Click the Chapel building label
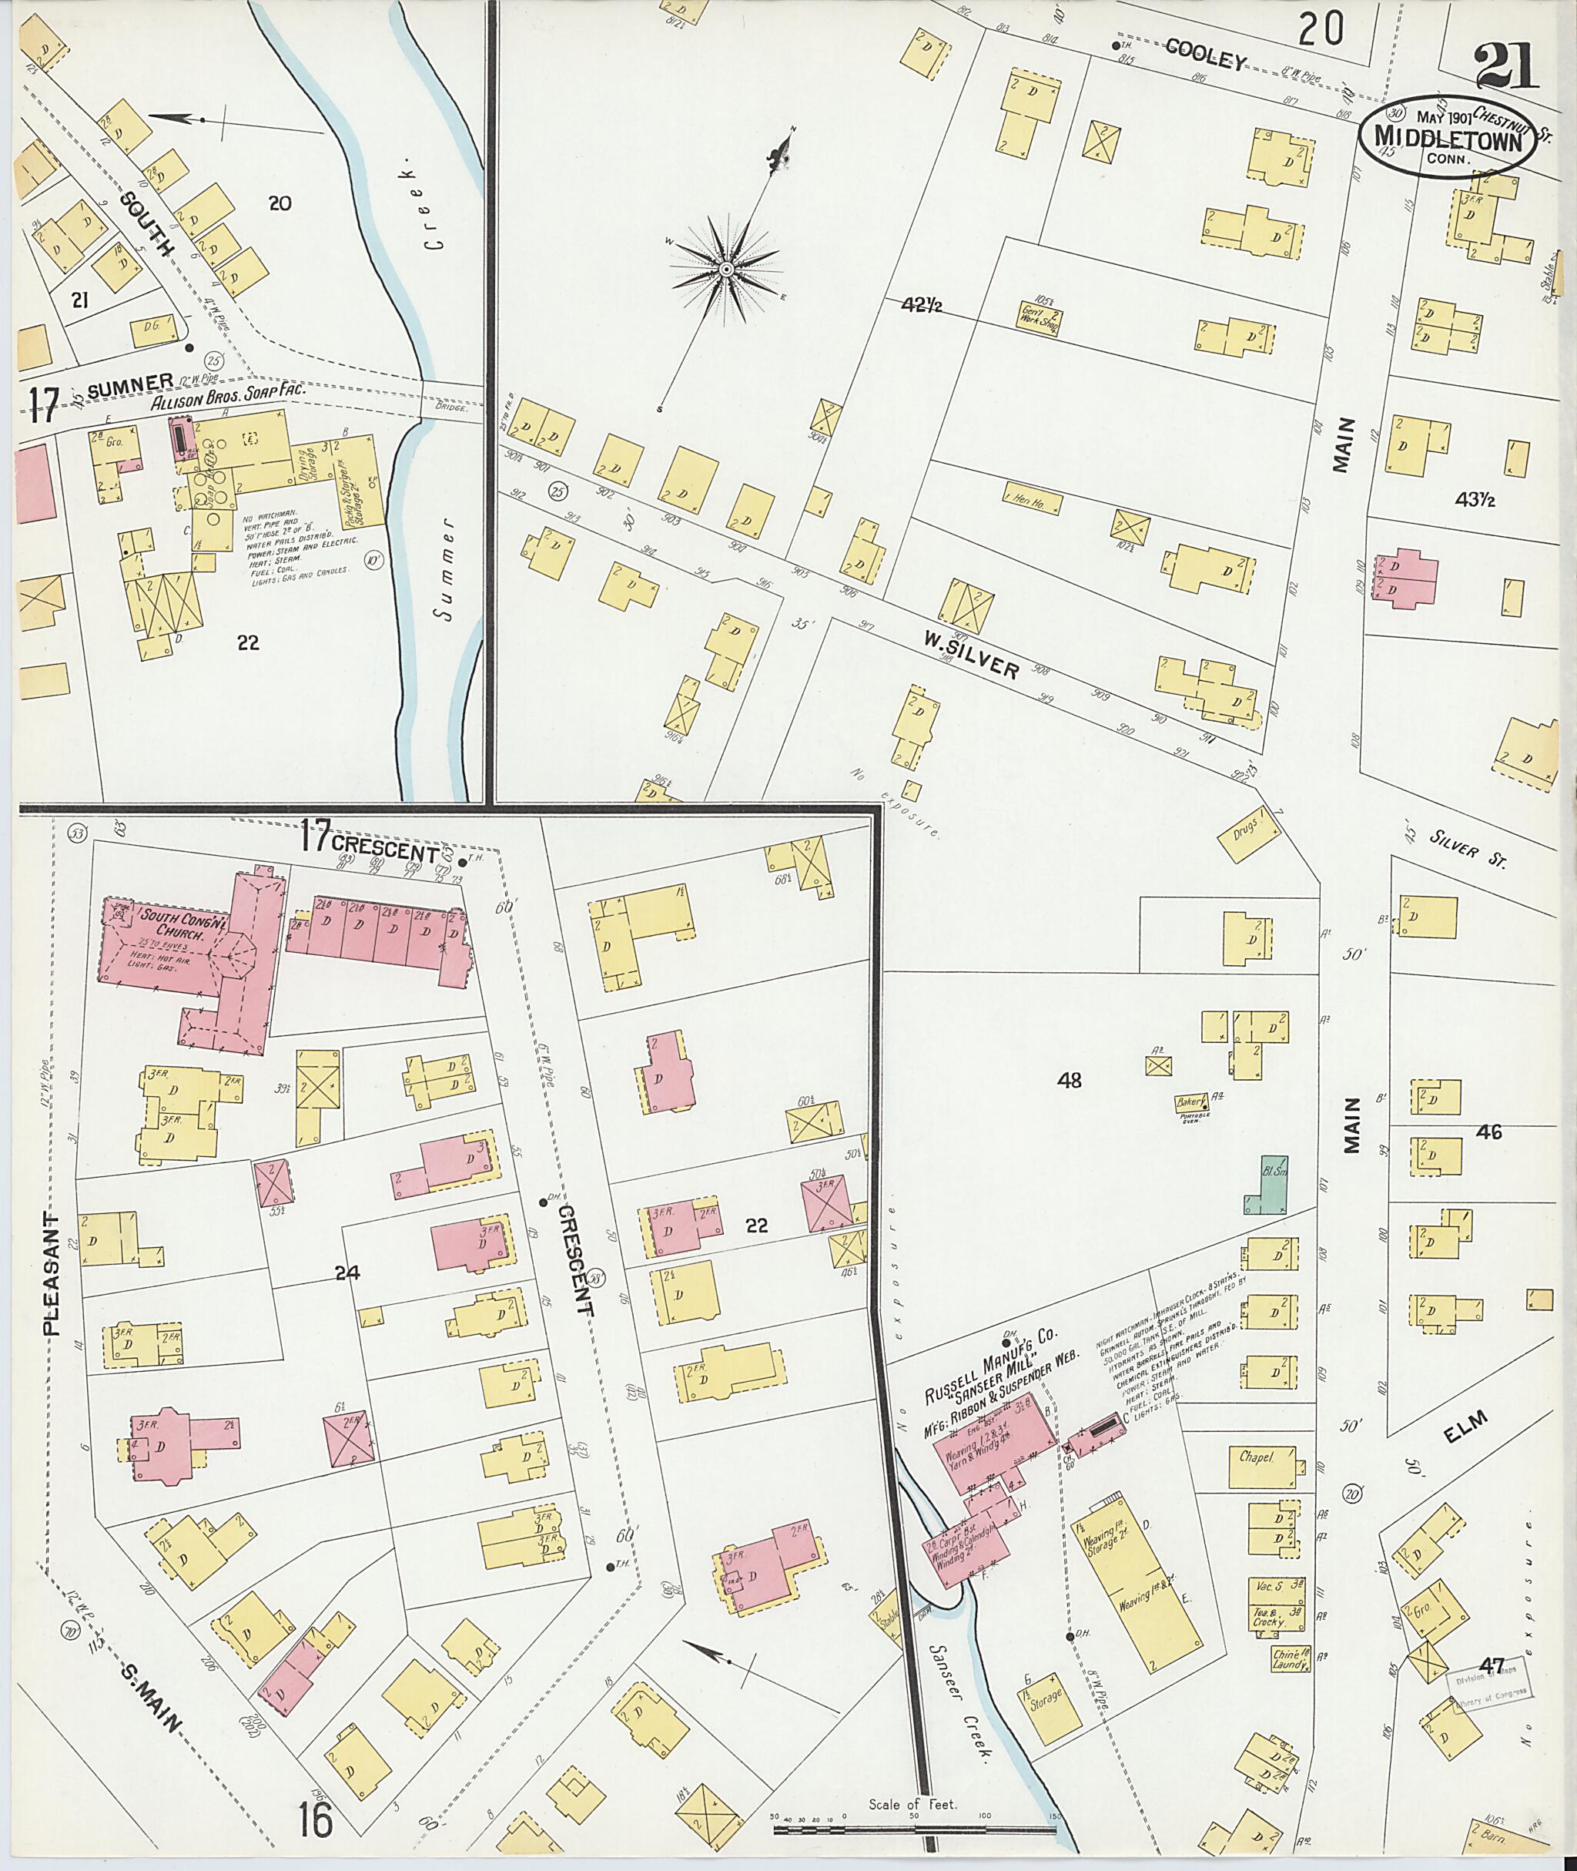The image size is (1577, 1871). tap(1255, 1457)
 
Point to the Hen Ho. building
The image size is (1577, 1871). tap(1033, 498)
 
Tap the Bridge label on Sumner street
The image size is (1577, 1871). tap(452, 407)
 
